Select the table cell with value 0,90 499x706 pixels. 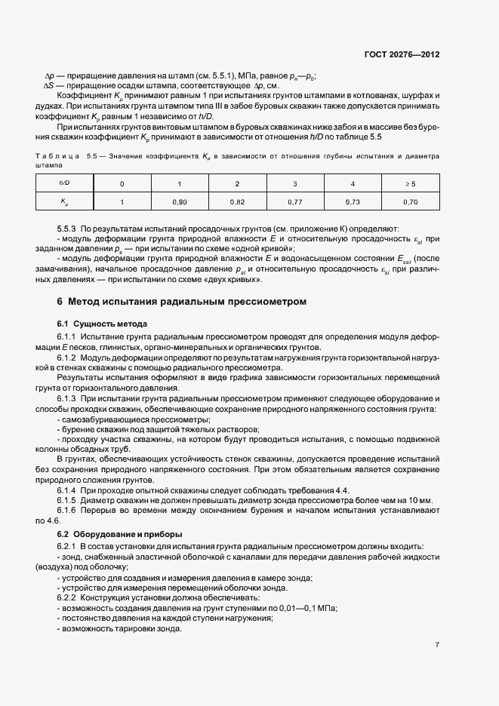click(x=179, y=202)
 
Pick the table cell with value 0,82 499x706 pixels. click(x=237, y=202)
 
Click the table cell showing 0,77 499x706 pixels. click(x=295, y=202)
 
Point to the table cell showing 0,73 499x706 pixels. click(x=353, y=202)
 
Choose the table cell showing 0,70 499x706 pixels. click(x=411, y=202)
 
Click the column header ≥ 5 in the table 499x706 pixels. click(x=411, y=184)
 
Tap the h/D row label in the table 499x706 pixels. click(x=64, y=184)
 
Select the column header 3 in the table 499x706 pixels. click(x=295, y=184)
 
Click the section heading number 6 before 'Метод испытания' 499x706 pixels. click(x=60, y=302)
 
